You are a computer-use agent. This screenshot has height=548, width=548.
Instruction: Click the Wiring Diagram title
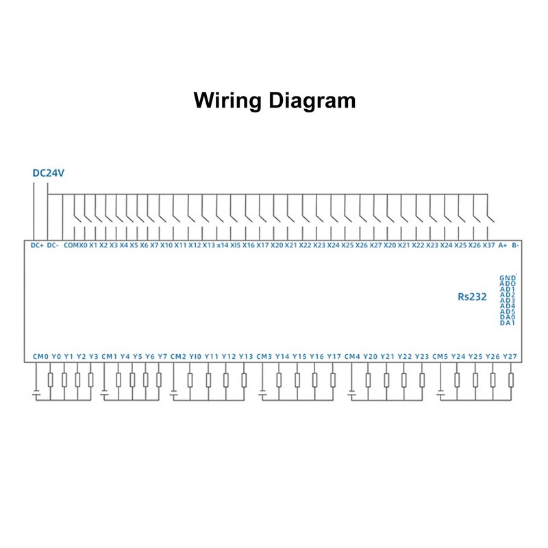pyautogui.click(x=275, y=101)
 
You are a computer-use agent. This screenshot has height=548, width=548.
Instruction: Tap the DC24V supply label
pyautogui.click(x=48, y=173)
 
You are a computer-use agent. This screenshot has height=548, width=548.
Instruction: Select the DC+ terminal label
pyautogui.click(x=37, y=245)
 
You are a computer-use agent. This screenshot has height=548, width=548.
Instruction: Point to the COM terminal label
pyautogui.click(x=71, y=245)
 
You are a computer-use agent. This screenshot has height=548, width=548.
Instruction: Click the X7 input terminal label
pyautogui.click(x=154, y=245)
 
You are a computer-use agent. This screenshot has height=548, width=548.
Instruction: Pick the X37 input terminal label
pyautogui.click(x=488, y=245)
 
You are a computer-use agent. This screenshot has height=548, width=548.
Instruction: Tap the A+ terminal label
pyautogui.click(x=502, y=245)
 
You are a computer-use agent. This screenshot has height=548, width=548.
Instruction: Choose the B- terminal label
pyautogui.click(x=516, y=245)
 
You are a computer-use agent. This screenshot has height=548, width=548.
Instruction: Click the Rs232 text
pyautogui.click(x=472, y=297)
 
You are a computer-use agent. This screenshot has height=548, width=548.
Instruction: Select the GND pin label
pyautogui.click(x=508, y=278)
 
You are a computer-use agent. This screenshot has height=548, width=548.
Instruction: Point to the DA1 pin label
pyautogui.click(x=508, y=323)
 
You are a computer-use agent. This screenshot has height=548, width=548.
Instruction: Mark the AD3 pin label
pyautogui.click(x=508, y=301)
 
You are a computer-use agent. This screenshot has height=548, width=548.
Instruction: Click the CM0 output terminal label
pyautogui.click(x=40, y=356)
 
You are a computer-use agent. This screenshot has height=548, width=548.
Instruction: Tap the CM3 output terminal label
pyautogui.click(x=264, y=356)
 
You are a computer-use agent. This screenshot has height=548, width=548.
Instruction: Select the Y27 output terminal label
pyautogui.click(x=510, y=356)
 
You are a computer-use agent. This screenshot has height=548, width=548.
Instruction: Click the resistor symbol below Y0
pyautogui.click(x=51, y=380)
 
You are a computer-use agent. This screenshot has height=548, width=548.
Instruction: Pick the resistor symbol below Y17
pyautogui.click(x=333, y=380)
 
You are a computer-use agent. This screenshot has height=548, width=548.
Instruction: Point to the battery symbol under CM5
pyautogui.click(x=440, y=395)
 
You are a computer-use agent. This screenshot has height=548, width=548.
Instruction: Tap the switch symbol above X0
pyautogui.click(x=77, y=216)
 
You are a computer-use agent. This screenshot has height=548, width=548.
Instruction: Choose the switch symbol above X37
pyautogui.click(x=490, y=216)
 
